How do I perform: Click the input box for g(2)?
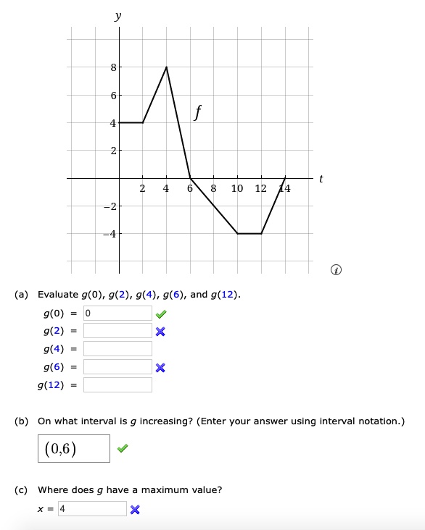coord(117,331)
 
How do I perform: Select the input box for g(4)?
coord(117,349)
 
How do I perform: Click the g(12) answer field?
coord(117,384)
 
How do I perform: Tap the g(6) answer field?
coord(117,366)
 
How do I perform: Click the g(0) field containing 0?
coord(117,314)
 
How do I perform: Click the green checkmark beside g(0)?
coord(160,314)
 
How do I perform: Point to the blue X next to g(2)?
coord(160,332)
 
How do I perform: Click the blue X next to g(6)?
coord(160,367)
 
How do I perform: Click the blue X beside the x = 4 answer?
coord(135,509)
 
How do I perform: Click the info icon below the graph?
coord(335,271)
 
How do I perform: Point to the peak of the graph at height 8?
coord(167,67)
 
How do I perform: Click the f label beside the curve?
coord(198,112)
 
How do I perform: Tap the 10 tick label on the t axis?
coord(237,190)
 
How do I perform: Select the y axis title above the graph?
coord(117,14)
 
